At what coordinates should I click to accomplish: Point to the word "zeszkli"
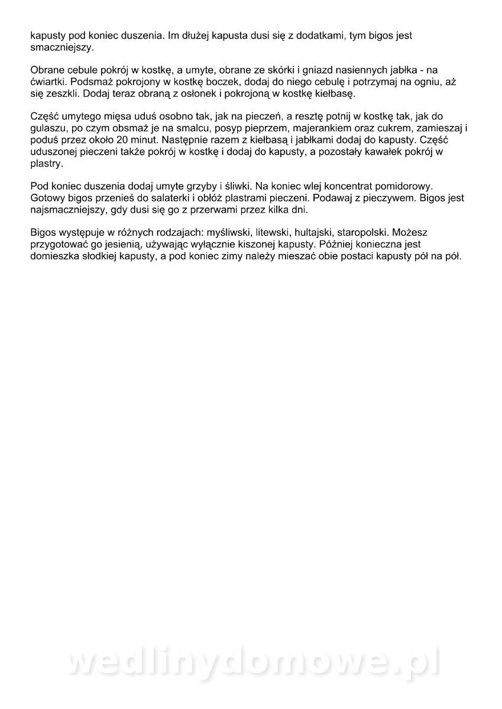click(65, 93)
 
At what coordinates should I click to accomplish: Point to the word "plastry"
click(46, 165)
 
